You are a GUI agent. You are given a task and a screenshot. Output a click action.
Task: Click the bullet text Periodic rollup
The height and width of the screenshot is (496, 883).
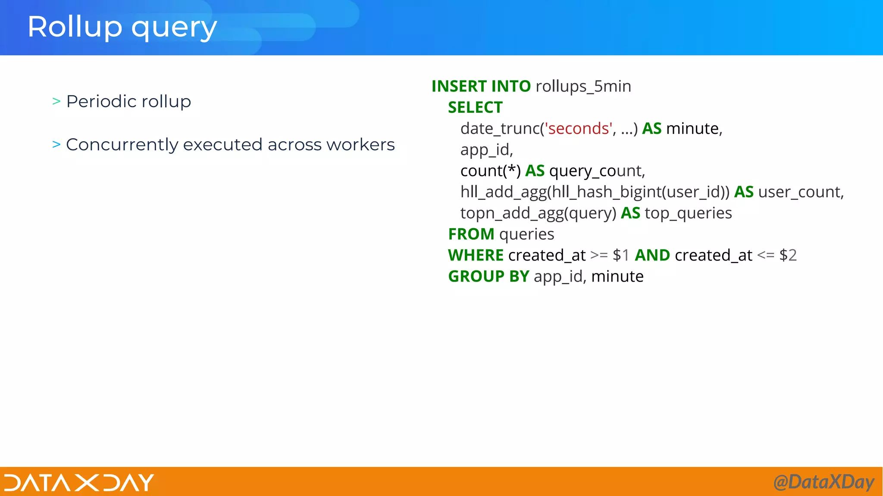128,102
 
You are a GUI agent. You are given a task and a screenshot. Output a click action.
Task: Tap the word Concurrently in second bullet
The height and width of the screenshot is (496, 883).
121,145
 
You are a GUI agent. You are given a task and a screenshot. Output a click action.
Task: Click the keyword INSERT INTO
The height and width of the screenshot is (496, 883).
481,87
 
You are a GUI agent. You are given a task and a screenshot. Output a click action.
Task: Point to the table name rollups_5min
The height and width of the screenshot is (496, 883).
583,87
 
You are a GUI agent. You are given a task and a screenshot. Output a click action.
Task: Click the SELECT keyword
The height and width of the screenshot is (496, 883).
475,108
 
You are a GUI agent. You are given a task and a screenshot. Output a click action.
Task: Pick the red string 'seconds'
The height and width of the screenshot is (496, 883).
578,129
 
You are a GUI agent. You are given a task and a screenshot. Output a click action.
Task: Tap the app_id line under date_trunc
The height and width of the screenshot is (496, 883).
486,150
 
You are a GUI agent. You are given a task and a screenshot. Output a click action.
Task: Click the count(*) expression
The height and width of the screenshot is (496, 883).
490,171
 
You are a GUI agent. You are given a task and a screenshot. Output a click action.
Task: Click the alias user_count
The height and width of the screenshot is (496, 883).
801,192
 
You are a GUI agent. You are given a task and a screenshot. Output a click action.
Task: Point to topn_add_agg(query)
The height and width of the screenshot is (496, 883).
538,213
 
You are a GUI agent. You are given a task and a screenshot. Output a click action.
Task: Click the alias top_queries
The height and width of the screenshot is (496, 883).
688,213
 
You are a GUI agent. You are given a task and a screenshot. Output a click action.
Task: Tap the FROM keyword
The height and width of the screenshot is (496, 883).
471,234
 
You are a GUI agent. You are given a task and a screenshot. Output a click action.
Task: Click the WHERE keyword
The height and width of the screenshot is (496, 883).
476,255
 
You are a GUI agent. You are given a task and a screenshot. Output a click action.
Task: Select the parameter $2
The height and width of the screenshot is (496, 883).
788,255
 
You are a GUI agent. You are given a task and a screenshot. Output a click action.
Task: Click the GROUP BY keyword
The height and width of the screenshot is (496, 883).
488,276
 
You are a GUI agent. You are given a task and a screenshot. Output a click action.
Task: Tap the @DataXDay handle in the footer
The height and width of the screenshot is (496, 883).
824,482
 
